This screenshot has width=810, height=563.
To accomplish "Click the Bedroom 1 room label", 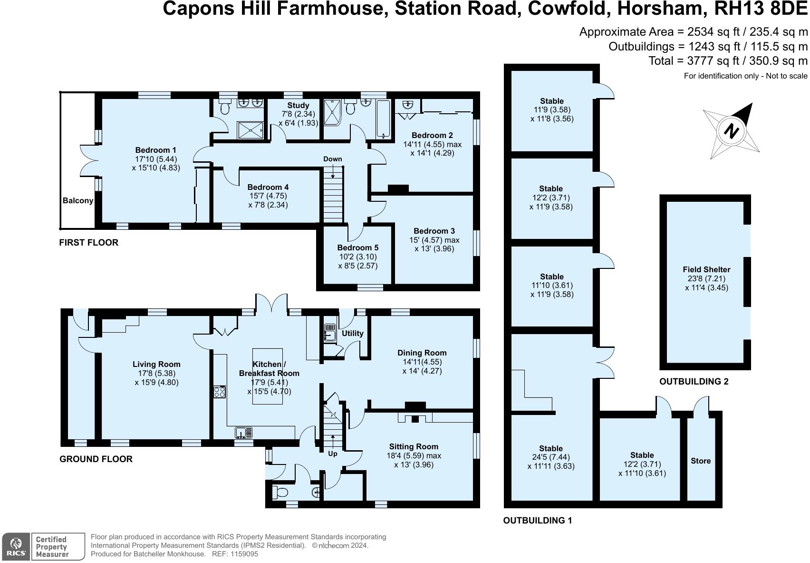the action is [x=155, y=150].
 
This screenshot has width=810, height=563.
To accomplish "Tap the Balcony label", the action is [x=78, y=200].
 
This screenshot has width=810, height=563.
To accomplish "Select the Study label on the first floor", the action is [x=298, y=105].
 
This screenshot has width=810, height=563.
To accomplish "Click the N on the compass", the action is [x=731, y=131].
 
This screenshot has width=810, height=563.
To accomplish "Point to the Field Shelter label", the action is [x=706, y=269].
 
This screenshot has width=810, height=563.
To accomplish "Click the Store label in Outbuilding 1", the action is [x=701, y=461].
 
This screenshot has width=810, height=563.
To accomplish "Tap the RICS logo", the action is [x=16, y=546].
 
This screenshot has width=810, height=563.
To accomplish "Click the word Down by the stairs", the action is [x=332, y=159].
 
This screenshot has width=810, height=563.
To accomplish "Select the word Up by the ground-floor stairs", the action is [x=332, y=454].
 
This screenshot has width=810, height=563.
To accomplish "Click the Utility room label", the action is [x=353, y=333].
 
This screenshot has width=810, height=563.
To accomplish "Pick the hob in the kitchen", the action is [x=220, y=392].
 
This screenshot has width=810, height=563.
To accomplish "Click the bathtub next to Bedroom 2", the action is [x=383, y=119].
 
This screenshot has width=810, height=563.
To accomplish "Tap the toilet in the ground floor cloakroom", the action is [x=280, y=492].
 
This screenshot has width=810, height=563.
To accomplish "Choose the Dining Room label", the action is [x=422, y=353].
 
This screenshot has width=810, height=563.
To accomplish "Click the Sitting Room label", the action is [x=413, y=447].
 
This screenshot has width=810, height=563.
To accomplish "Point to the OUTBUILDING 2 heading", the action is [x=694, y=381].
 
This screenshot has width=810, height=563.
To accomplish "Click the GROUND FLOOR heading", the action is [x=96, y=459].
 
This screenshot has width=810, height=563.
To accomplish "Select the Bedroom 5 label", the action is [x=357, y=247].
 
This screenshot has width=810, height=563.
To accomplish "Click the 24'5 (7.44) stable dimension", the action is [x=551, y=457].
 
